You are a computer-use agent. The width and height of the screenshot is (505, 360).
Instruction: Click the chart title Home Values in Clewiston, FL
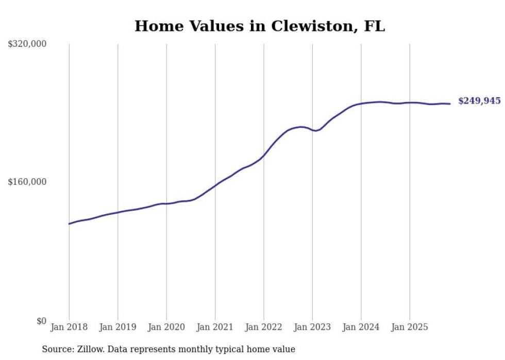point(260,26)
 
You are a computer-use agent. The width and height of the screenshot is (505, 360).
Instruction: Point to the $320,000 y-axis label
point(27,44)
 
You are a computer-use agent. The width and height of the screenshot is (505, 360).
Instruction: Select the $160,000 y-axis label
point(27,182)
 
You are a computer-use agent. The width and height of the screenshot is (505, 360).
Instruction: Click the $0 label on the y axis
point(41,321)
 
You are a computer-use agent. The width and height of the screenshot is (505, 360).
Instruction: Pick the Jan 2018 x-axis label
point(69,327)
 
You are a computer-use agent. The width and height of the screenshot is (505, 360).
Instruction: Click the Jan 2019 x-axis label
point(117,327)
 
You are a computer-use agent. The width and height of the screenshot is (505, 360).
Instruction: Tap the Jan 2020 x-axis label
point(166,327)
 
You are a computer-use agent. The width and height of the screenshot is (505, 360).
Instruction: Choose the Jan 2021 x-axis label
point(215,327)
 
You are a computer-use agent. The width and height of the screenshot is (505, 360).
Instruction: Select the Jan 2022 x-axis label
point(264,327)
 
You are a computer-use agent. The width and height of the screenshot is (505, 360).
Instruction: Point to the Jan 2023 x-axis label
point(312,327)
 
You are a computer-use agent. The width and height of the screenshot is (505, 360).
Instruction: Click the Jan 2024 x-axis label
point(361,327)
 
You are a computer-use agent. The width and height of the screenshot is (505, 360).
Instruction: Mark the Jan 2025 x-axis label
point(410,327)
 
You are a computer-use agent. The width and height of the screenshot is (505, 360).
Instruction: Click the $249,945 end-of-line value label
point(479,101)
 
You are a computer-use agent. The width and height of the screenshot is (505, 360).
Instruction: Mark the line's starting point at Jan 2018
point(69,224)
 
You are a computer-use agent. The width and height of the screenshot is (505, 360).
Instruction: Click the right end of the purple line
point(450,104)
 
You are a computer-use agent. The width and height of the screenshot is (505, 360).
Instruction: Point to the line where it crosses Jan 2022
point(264,155)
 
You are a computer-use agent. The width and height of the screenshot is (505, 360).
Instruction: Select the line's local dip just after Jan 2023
point(316,131)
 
